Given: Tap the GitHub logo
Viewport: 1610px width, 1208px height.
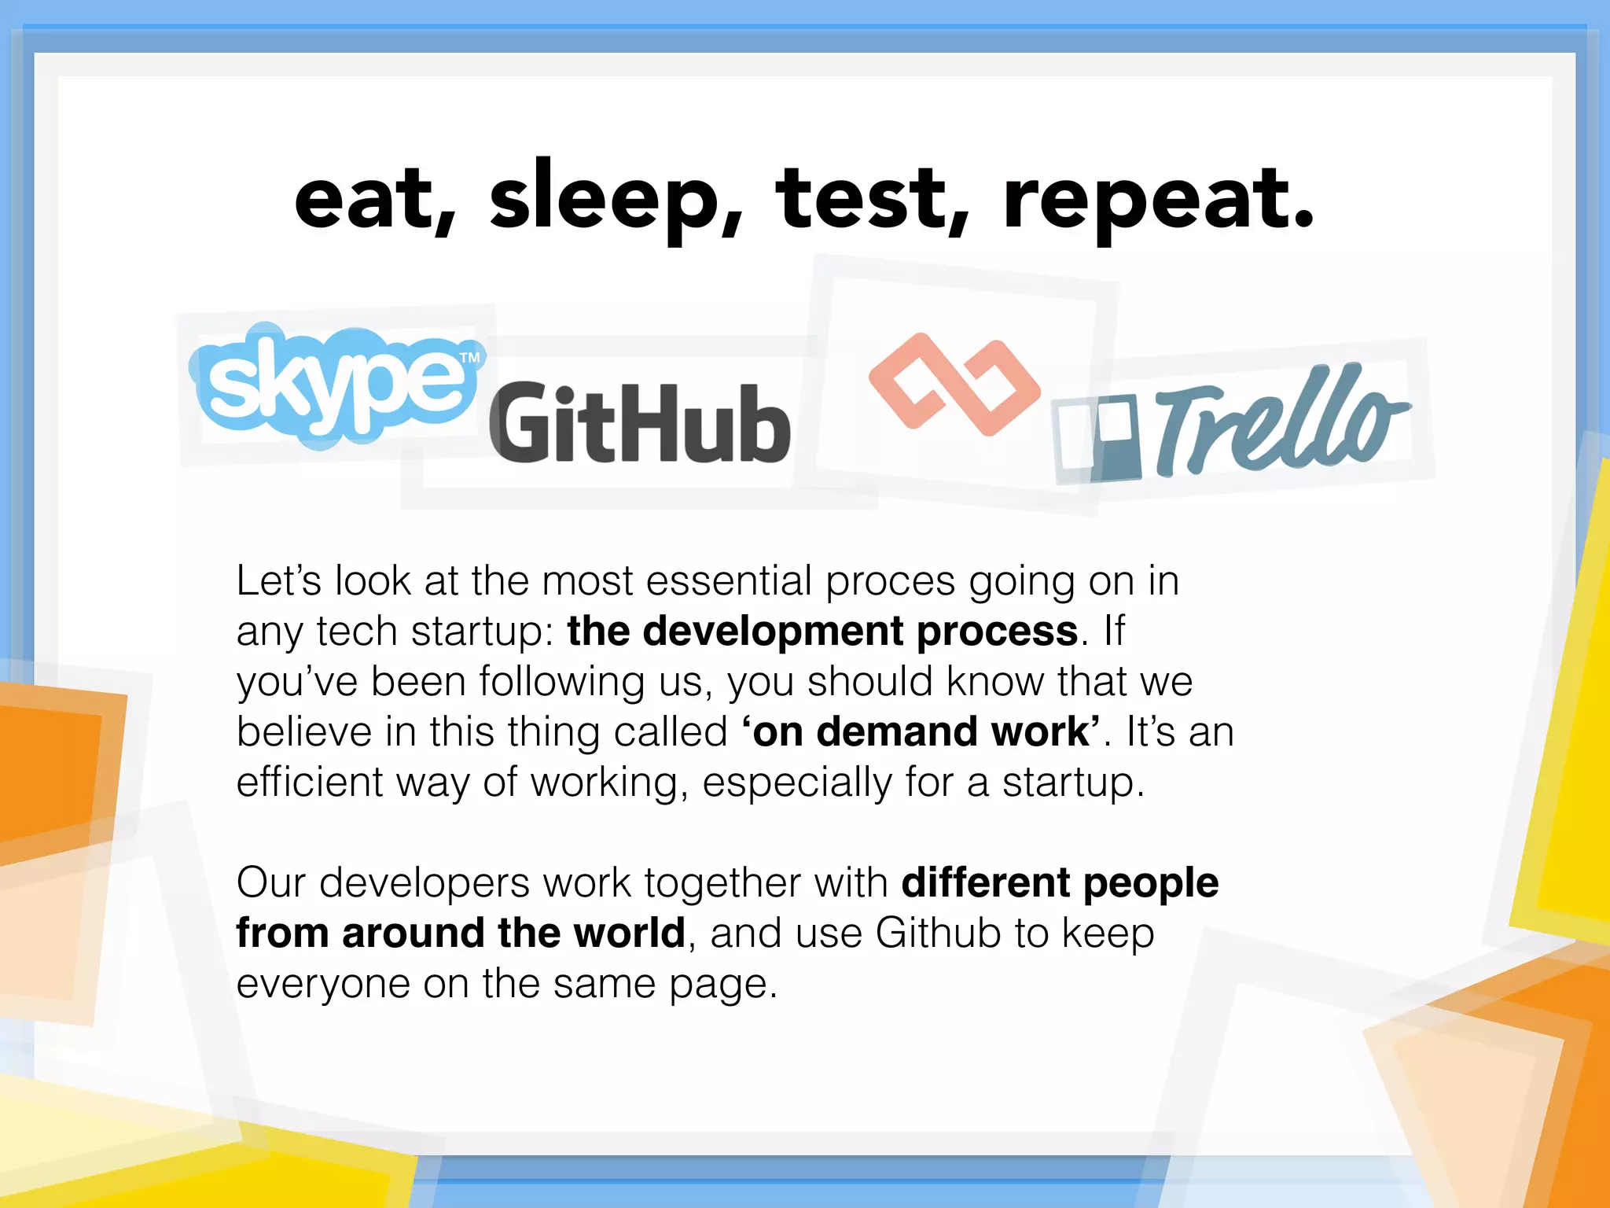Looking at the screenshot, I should pyautogui.click(x=639, y=423).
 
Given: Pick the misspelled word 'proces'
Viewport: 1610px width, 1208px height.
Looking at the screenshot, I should pyautogui.click(x=890, y=582).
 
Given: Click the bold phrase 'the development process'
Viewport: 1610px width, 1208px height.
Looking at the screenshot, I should pyautogui.click(x=822, y=632).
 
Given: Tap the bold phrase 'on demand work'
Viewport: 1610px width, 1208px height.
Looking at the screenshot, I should pyautogui.click(x=921, y=732).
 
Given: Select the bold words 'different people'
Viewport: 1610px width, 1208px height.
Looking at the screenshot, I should pyautogui.click(x=1060, y=883).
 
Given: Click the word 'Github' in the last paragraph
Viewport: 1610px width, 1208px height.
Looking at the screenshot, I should pyautogui.click(x=938, y=934).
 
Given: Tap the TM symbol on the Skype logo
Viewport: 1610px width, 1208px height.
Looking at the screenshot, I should pyautogui.click(x=469, y=358).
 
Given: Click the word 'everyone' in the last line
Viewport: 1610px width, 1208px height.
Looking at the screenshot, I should pyautogui.click(x=322, y=984).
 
